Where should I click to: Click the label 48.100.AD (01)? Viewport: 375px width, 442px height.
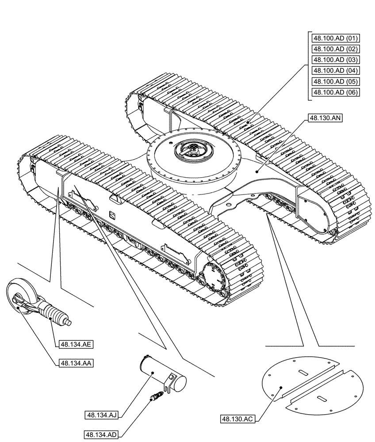pos(335,38)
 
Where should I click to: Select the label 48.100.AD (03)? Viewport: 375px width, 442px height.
pos(335,60)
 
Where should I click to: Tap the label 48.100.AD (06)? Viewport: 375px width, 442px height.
pos(335,92)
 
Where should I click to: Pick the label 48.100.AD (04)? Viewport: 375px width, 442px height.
pos(335,71)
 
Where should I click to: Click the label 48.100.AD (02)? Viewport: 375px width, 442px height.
pos(335,49)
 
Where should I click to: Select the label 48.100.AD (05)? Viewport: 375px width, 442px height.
pos(335,81)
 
